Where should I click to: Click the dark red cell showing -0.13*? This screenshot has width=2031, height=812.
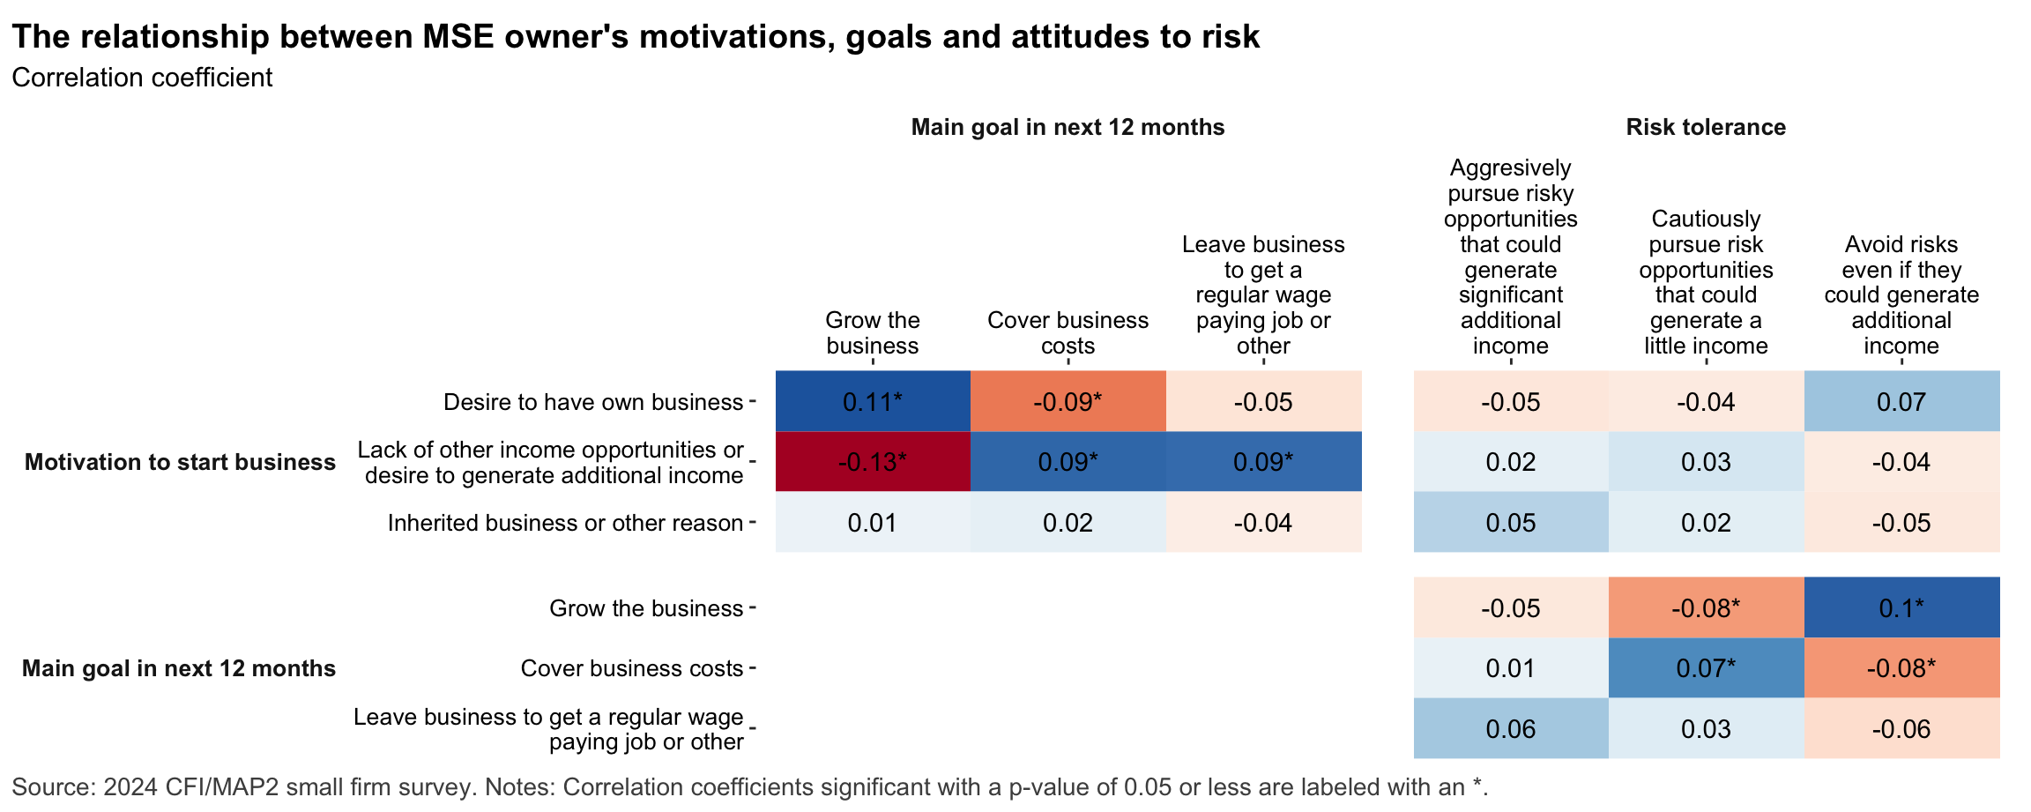click(x=873, y=462)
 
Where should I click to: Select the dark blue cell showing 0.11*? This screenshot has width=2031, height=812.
click(x=873, y=402)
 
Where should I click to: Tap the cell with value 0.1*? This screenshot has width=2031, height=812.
click(x=1901, y=607)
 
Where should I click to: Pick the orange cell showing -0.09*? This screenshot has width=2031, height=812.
click(x=1068, y=402)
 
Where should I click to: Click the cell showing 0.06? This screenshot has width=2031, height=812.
click(x=1510, y=729)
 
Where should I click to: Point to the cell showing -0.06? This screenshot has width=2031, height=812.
click(x=1901, y=729)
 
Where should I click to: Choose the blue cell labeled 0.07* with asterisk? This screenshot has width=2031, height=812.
click(x=1706, y=668)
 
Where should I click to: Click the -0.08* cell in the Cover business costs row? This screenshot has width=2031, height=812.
click(x=1901, y=668)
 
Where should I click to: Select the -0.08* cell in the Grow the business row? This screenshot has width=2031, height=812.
click(x=1706, y=607)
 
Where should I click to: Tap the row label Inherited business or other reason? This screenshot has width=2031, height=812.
click(x=565, y=523)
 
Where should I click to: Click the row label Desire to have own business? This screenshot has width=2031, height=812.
click(x=592, y=402)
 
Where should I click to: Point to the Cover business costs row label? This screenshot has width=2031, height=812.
click(x=631, y=668)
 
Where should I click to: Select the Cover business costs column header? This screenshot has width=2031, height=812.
click(x=1068, y=332)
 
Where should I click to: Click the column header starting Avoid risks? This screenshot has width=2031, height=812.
click(x=1901, y=294)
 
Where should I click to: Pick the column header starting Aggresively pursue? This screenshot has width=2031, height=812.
click(x=1510, y=257)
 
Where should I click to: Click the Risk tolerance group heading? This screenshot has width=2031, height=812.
click(x=1706, y=127)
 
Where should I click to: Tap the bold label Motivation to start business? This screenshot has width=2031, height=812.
click(x=180, y=462)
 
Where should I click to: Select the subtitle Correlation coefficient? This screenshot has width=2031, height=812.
click(x=142, y=78)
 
